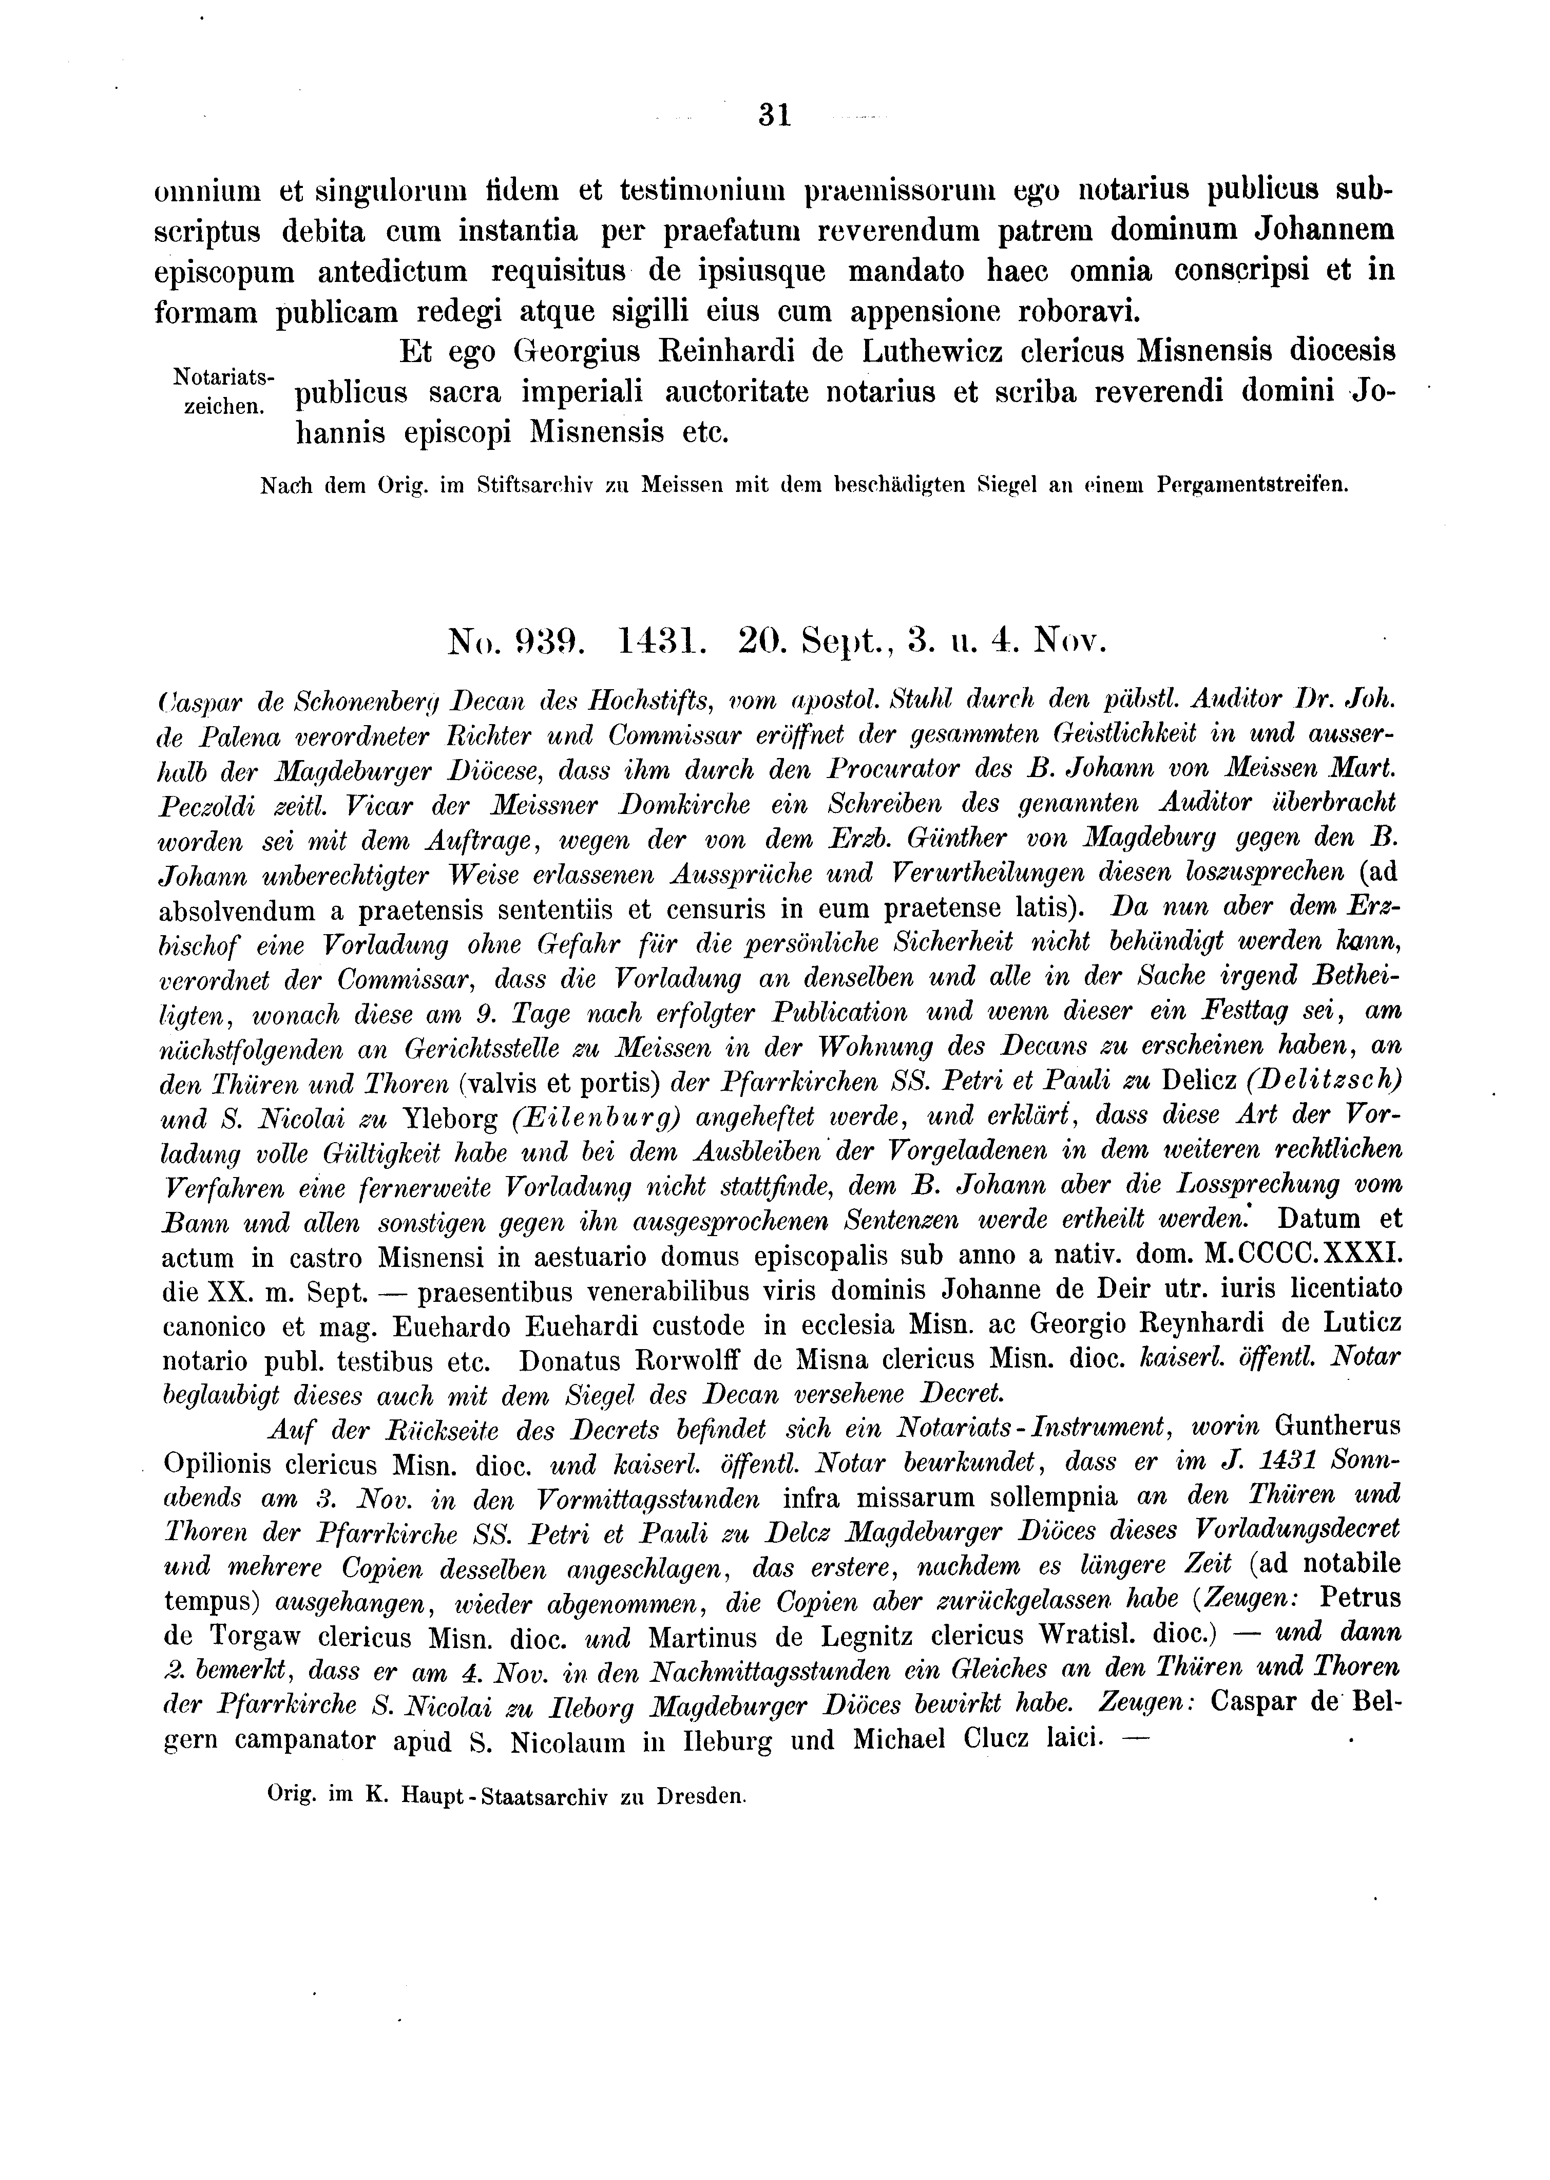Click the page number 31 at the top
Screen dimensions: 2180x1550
point(774,116)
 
